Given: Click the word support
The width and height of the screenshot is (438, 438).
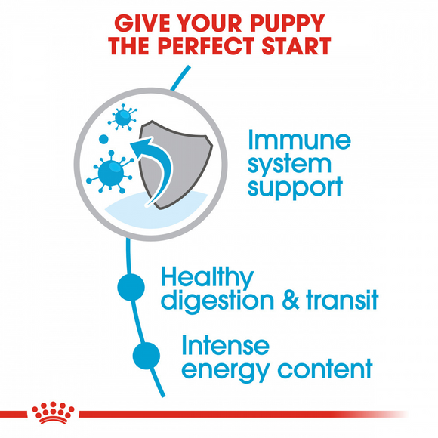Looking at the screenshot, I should pos(295,186).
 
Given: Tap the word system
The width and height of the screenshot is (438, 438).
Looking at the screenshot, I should pos(289,164).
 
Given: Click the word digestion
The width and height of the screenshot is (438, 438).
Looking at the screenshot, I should pos(220,300).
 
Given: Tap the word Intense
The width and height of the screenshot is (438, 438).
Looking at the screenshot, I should pos(224,346).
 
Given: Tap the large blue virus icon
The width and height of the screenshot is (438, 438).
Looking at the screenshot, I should pos(111,171).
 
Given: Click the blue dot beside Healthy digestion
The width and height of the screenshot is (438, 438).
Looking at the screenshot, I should pos(131,287).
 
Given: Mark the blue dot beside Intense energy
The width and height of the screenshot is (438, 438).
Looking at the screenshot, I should pos(147,353).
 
